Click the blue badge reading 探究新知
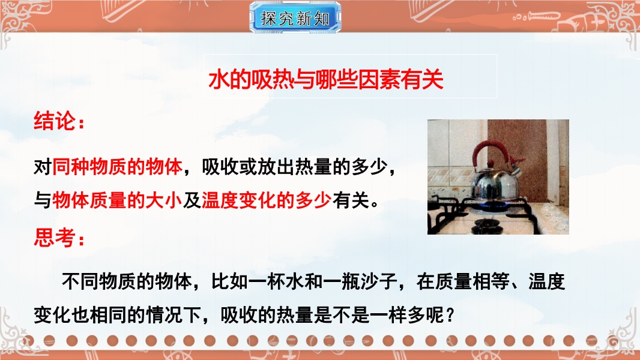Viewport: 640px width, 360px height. tap(295, 17)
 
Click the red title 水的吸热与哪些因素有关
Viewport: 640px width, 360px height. tap(326, 80)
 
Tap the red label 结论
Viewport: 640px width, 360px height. tap(59, 121)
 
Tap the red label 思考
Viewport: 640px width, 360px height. tap(59, 237)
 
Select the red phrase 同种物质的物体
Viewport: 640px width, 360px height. tap(117, 167)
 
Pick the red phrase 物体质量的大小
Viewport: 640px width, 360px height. tap(117, 200)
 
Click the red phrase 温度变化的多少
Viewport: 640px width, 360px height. tap(267, 200)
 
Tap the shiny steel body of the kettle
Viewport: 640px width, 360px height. tap(495, 181)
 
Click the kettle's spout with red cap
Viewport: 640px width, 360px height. tap(515, 165)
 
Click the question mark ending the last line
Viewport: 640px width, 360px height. tap(450, 315)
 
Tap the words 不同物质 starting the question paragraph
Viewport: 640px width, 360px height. tap(98, 282)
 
